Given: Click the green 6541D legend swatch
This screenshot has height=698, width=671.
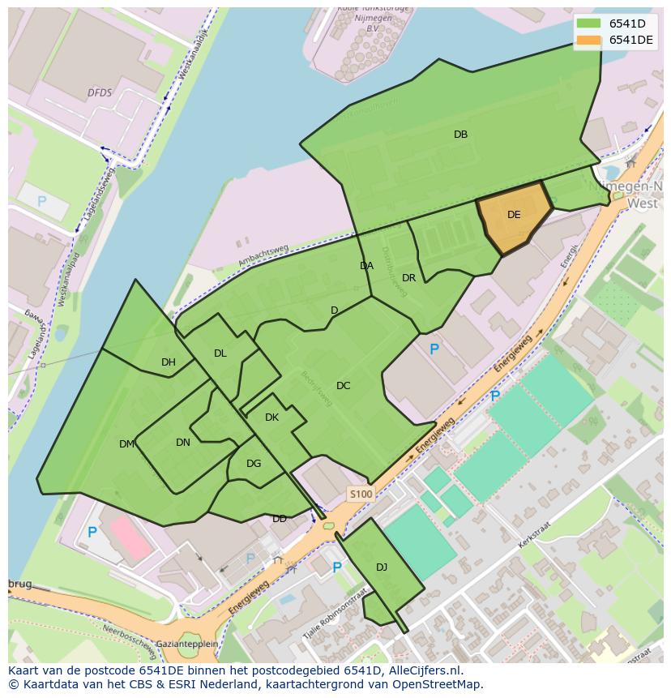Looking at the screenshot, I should coord(588,24).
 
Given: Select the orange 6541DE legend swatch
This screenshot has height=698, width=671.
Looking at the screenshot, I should coord(588,41).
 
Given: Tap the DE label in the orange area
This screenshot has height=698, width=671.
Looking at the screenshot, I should coord(514,215).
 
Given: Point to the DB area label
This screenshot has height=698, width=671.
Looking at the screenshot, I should coord(460,135).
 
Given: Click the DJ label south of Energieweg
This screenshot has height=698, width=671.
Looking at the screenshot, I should coord(382,567).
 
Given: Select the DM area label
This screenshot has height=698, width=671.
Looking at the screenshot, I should coord(126,444).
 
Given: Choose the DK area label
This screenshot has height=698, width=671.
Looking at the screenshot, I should coord(271,418).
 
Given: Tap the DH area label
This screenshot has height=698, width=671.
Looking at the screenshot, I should coord(168,362).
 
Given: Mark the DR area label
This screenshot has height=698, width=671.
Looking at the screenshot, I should coord(408,278).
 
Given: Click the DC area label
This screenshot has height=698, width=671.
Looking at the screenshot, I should coord(343,386).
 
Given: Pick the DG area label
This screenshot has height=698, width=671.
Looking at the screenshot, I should coord(254,464).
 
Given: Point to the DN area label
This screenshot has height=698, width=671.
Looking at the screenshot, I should coord(183,443).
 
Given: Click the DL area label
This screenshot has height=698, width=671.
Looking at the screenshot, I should coord(220,353).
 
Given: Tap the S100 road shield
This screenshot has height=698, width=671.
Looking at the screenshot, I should coord(361,494).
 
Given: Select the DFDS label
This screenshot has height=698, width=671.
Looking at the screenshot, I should coord(100,93).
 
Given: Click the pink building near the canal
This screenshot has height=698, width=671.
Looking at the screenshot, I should coord(130,538).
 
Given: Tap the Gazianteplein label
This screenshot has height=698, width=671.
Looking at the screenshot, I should coord(187,643).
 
